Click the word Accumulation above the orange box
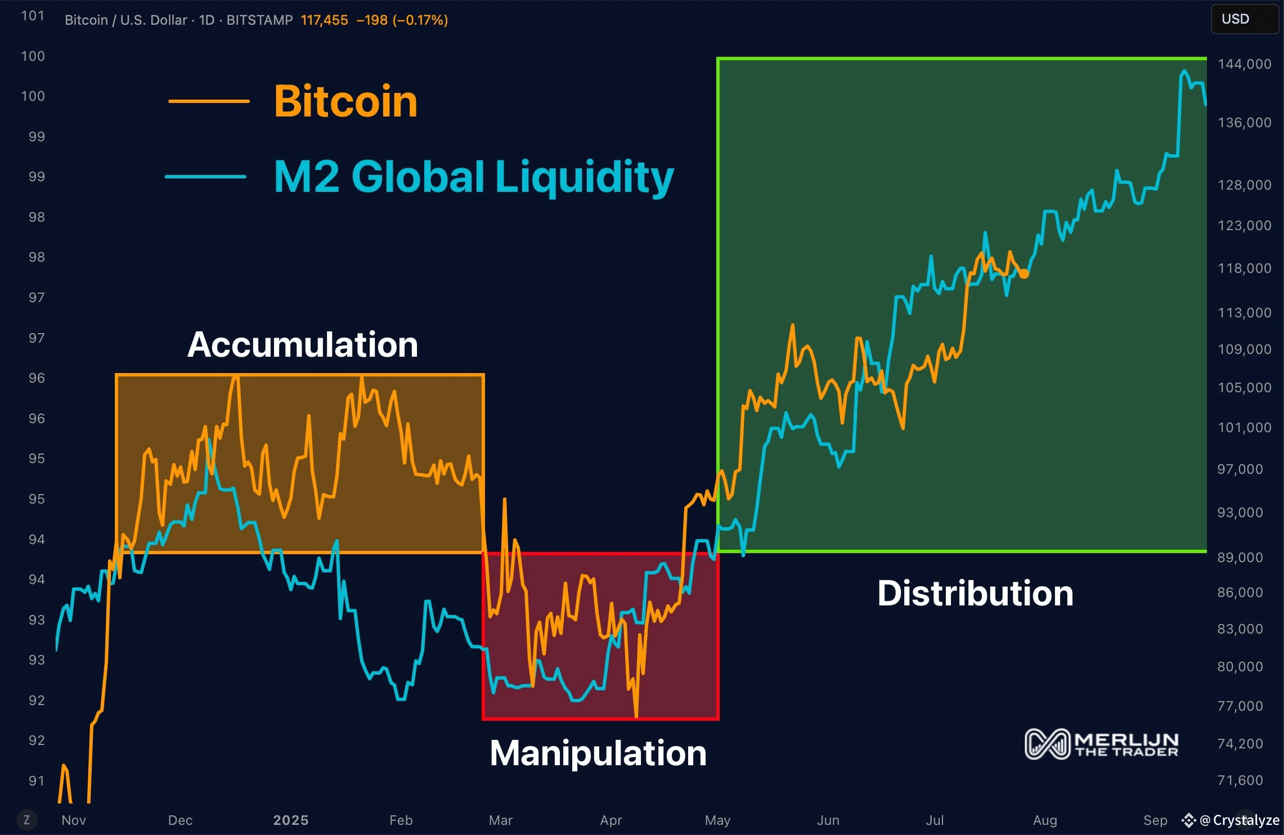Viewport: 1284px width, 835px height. click(303, 344)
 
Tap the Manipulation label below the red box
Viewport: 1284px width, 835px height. click(598, 753)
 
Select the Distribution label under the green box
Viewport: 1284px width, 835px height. click(975, 593)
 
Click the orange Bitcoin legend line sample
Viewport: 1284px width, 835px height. click(209, 101)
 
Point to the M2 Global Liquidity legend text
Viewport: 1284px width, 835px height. click(473, 177)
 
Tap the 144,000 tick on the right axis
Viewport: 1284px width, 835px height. click(1244, 64)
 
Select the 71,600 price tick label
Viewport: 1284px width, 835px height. click(1240, 780)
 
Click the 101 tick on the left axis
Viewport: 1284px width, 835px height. click(33, 16)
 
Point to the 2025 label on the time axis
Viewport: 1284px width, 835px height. click(290, 820)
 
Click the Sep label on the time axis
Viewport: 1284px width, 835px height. click(1155, 820)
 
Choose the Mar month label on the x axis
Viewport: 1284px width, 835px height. click(500, 820)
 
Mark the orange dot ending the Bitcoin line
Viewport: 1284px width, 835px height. click(1023, 274)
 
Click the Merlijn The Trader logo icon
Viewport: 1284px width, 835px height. click(1047, 744)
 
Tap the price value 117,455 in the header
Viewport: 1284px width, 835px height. click(324, 20)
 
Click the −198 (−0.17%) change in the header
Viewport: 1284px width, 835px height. click(402, 20)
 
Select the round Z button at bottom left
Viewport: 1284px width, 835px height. click(26, 820)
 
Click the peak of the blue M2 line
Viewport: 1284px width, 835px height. click(1184, 71)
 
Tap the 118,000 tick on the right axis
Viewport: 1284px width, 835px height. click(1244, 268)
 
